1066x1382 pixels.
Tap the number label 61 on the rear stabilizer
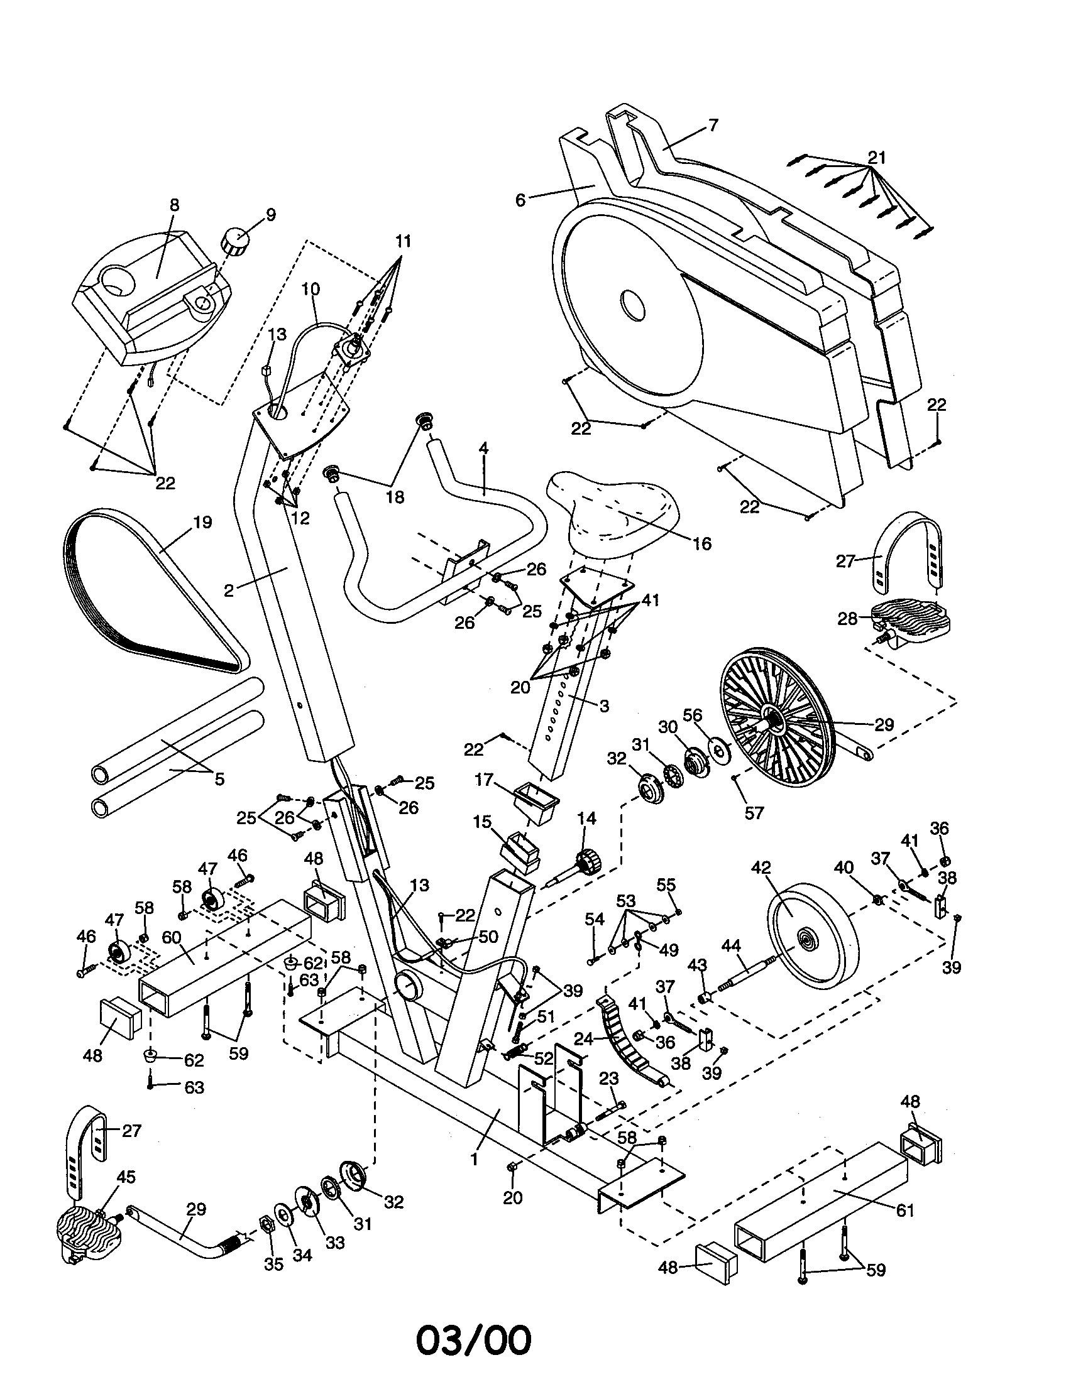[905, 1211]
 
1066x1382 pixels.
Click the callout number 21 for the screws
[877, 157]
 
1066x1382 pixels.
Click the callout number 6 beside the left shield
[520, 200]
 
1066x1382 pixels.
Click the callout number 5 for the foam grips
[219, 778]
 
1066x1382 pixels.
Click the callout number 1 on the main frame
[473, 1159]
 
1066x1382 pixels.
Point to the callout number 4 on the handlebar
[483, 448]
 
